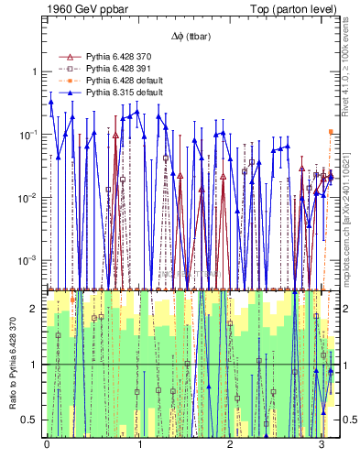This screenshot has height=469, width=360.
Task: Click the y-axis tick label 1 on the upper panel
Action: click(35, 72)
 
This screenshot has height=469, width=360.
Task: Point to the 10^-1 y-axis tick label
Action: click(28, 135)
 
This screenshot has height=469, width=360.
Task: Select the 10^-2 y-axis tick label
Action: click(28, 198)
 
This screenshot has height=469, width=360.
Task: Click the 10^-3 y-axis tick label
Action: click(28, 261)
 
